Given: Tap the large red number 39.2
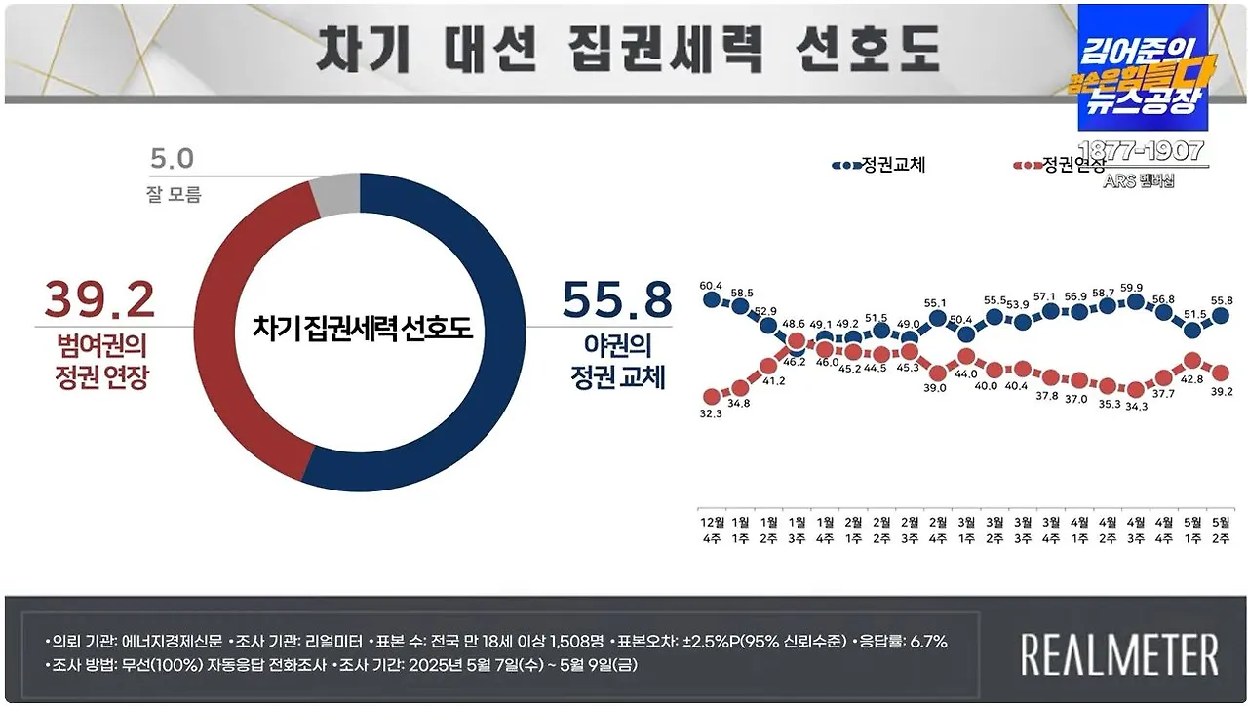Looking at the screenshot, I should [x=97, y=299].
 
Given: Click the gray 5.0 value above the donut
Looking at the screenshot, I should [x=173, y=158].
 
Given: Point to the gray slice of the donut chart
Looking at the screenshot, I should [x=334, y=198].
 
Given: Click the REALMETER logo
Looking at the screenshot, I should [x=1119, y=653].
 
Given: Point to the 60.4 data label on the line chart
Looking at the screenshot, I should [x=711, y=286].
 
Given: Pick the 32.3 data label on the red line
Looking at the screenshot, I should [x=711, y=412].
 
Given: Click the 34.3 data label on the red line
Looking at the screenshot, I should [x=1136, y=406].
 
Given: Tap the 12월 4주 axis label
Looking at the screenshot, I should [x=711, y=529].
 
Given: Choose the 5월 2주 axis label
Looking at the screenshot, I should [x=1220, y=529].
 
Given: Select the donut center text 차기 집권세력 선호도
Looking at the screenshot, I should [x=362, y=327].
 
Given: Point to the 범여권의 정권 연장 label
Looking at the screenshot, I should [x=100, y=361].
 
